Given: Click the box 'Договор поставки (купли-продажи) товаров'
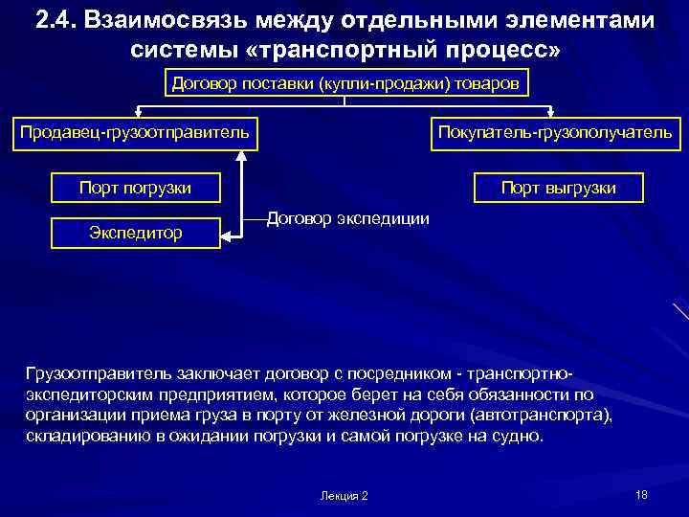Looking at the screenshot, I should pos(345,83).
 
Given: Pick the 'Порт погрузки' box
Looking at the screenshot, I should pos(135,188).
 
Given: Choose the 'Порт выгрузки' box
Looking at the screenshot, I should pos(559,188).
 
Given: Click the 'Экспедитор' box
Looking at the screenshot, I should pos(135,233).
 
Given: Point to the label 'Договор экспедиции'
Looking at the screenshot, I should pos(347,218).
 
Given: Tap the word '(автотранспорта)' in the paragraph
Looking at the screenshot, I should pos(549,416).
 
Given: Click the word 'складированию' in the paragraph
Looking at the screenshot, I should pos(82,437).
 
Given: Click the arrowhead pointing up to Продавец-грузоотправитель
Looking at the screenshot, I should pos(245,154).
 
